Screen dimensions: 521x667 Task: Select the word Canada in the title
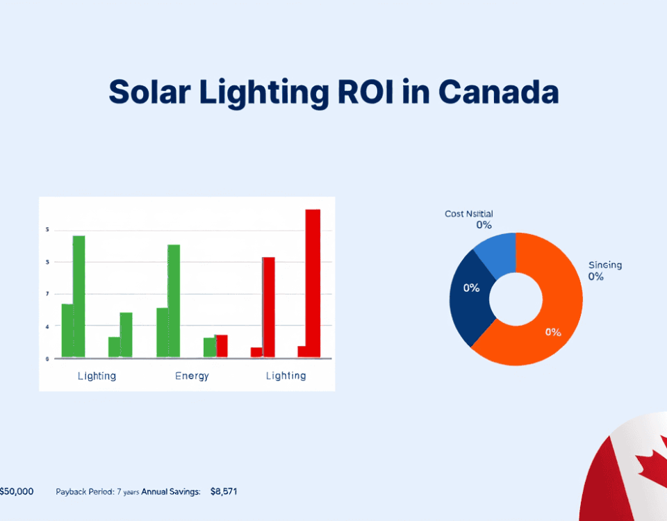(500, 92)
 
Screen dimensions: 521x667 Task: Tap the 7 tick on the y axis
(47, 295)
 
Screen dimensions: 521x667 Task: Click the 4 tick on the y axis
(47, 326)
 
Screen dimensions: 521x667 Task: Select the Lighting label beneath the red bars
(286, 376)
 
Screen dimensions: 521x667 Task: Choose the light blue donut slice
(497, 250)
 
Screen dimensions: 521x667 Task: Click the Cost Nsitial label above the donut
(469, 214)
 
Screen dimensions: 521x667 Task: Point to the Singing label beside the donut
(604, 265)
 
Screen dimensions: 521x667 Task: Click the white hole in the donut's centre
(516, 299)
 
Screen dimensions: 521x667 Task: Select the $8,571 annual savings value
(224, 492)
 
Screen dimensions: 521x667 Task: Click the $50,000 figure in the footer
(16, 492)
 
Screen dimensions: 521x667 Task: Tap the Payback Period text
(83, 492)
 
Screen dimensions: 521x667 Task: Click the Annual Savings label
(171, 492)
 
